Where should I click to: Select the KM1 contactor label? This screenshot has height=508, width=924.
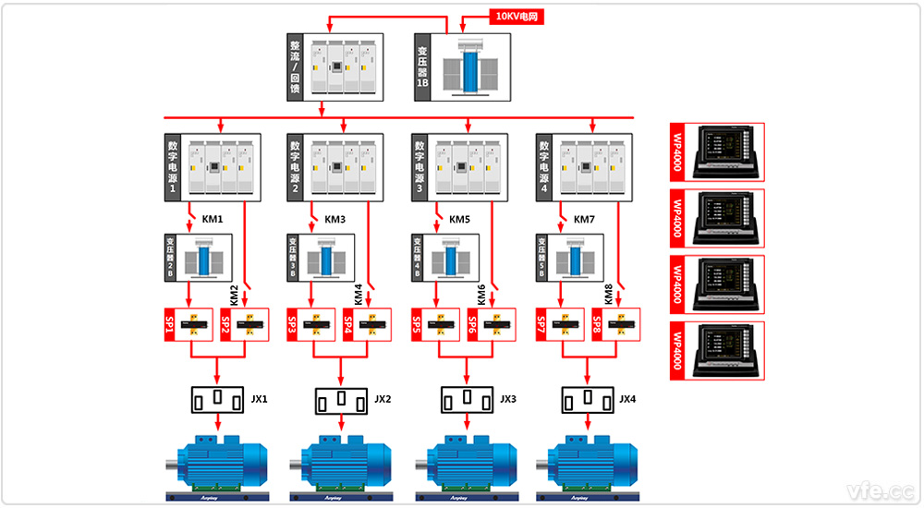(213, 220)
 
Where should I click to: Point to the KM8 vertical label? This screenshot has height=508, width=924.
(608, 295)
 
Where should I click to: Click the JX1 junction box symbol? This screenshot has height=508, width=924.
(217, 400)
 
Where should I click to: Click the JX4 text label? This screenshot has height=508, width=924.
(627, 399)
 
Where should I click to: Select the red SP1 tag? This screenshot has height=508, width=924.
(170, 325)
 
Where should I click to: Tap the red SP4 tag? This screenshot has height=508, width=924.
(349, 325)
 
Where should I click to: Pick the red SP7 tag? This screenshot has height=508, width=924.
(541, 325)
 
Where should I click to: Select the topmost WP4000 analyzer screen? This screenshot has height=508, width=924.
(727, 153)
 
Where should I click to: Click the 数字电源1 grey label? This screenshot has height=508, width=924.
(172, 167)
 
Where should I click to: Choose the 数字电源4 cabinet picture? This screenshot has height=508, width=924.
(589, 167)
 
